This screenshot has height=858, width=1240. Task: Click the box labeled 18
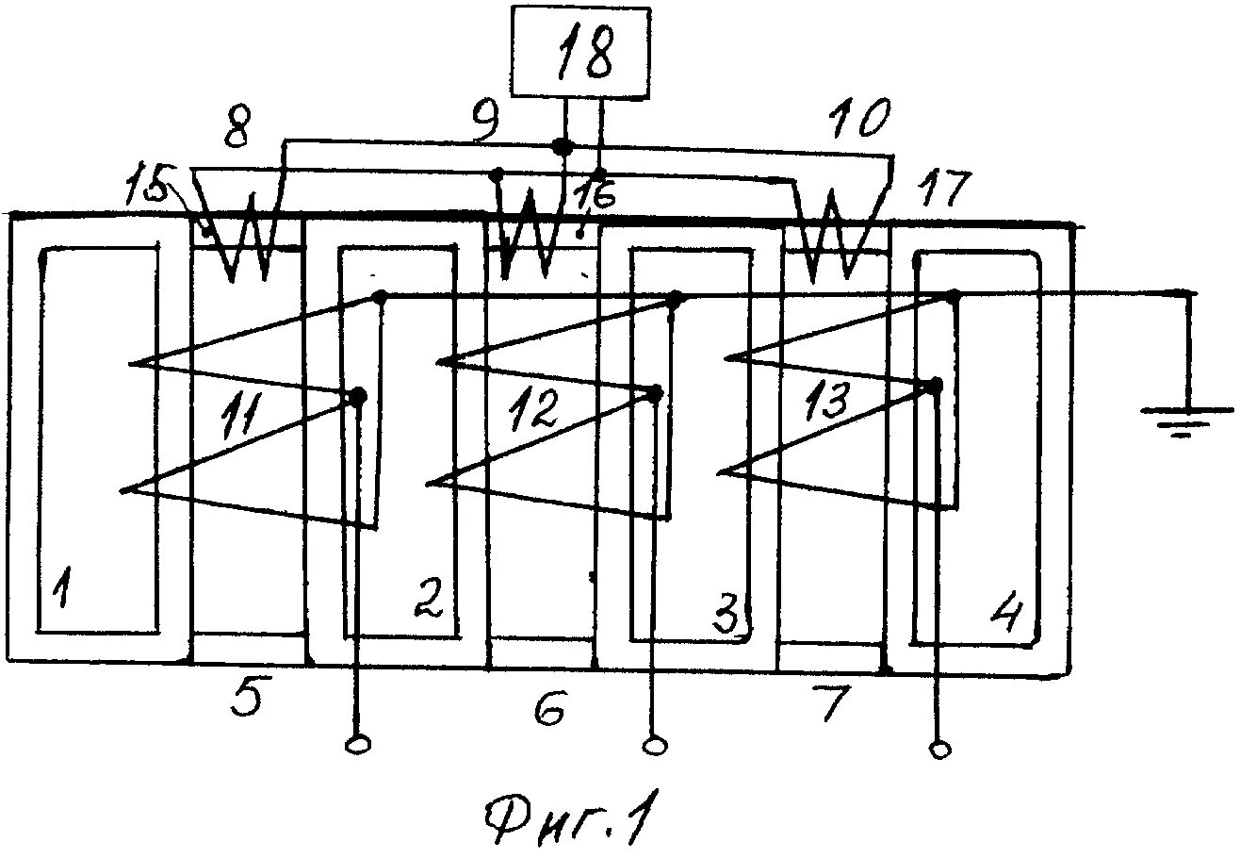pos(580,52)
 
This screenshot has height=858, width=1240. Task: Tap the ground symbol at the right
pos(1186,416)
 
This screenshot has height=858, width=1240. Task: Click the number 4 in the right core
pos(1004,614)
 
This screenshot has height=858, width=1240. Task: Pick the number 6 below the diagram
pos(549,706)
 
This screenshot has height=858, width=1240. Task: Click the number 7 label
pos(831,702)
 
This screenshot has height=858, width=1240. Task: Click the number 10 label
pos(858,120)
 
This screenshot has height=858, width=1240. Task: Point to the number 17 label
pos(940,190)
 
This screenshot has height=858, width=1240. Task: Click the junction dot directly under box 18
pos(562,147)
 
